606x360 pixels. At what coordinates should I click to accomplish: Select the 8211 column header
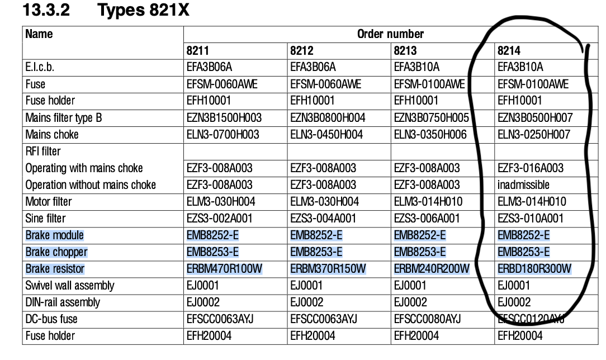pyautogui.click(x=198, y=51)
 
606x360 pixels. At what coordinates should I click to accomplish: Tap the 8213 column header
pyautogui.click(x=405, y=51)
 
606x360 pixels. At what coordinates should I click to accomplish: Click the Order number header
pyautogui.click(x=390, y=34)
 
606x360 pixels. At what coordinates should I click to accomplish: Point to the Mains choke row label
pyautogui.click(x=52, y=135)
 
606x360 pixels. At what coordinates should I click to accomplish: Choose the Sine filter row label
pyautogui.click(x=45, y=219)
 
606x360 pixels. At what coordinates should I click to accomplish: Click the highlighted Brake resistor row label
pyautogui.click(x=55, y=269)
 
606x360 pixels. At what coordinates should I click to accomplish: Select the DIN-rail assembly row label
pyautogui.click(x=63, y=302)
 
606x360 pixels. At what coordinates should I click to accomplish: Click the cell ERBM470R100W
pyautogui.click(x=224, y=269)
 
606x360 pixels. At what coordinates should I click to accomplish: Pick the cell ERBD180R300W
pyautogui.click(x=534, y=269)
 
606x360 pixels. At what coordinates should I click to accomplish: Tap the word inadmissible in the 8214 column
pyautogui.click(x=523, y=185)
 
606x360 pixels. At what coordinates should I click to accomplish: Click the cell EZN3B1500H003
pyautogui.click(x=224, y=118)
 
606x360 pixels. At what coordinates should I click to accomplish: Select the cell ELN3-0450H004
pyautogui.click(x=326, y=135)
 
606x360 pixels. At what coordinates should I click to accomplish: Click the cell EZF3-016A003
pyautogui.click(x=531, y=168)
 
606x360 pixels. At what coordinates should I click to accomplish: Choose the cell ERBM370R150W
pyautogui.click(x=328, y=269)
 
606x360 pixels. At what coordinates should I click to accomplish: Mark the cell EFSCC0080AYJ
pyautogui.click(x=428, y=319)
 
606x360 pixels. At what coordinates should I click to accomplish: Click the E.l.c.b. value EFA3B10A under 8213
pyautogui.click(x=416, y=68)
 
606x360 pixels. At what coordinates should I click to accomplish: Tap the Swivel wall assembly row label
pyautogui.click(x=70, y=286)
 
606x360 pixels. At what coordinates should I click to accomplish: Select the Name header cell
pyautogui.click(x=39, y=34)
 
